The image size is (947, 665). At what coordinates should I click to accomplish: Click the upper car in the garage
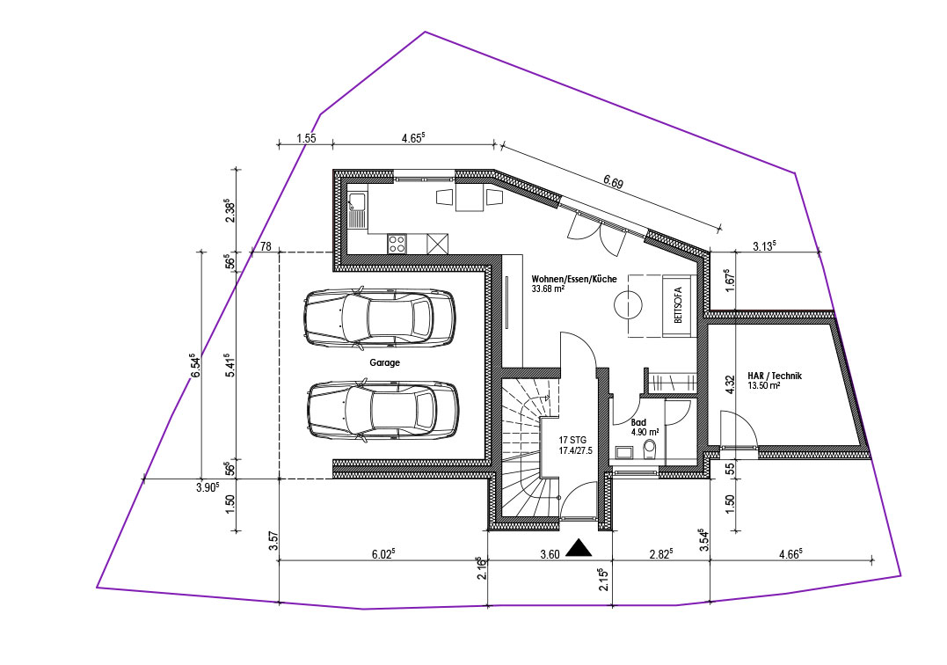(379, 318)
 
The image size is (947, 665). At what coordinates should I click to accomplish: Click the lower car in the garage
(382, 410)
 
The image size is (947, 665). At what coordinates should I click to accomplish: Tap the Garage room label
(385, 363)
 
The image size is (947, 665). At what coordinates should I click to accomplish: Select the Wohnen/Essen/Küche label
(574, 279)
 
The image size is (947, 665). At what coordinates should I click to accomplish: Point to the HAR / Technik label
(775, 376)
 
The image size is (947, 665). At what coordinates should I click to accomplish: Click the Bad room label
(637, 423)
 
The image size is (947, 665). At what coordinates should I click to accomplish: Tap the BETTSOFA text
(678, 305)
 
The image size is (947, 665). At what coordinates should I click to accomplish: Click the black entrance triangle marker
(580, 547)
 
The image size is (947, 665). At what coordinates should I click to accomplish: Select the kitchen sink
(357, 210)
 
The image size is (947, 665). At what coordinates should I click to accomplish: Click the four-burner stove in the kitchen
(397, 244)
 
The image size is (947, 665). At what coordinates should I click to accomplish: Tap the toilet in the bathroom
(650, 449)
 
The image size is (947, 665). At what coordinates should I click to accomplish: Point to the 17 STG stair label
(572, 441)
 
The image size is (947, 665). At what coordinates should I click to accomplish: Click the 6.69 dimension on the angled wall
(613, 182)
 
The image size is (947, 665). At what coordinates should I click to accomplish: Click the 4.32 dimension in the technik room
(729, 384)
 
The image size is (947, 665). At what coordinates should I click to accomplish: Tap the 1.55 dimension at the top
(306, 138)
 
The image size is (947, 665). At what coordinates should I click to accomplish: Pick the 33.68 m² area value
(548, 289)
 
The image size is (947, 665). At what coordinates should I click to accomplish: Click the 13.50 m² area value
(764, 385)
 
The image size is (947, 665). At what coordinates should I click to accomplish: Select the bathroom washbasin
(623, 452)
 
